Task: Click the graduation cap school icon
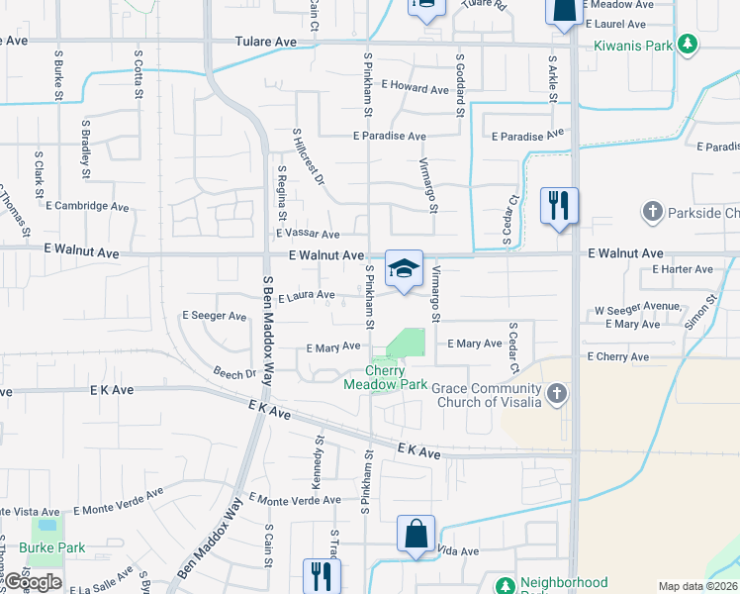(404, 269)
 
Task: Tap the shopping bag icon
(416, 534)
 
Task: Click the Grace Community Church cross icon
(557, 395)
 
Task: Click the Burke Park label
(51, 547)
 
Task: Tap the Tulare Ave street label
(266, 43)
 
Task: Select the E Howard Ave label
(415, 89)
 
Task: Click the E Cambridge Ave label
(87, 207)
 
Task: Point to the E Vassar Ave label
(308, 234)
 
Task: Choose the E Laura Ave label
(307, 295)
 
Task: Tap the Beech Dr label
(234, 373)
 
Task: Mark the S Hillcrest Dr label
(308, 156)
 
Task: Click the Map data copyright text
(697, 586)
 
